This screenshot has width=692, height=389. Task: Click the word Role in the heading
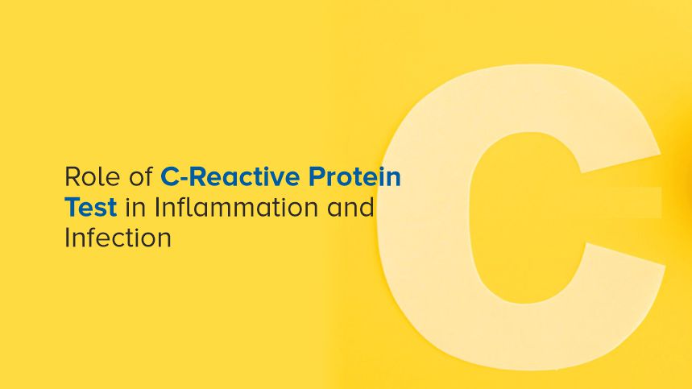coord(85,177)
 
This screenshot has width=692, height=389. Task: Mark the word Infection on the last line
coord(118,238)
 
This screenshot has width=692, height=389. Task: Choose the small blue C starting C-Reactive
coord(169,177)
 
